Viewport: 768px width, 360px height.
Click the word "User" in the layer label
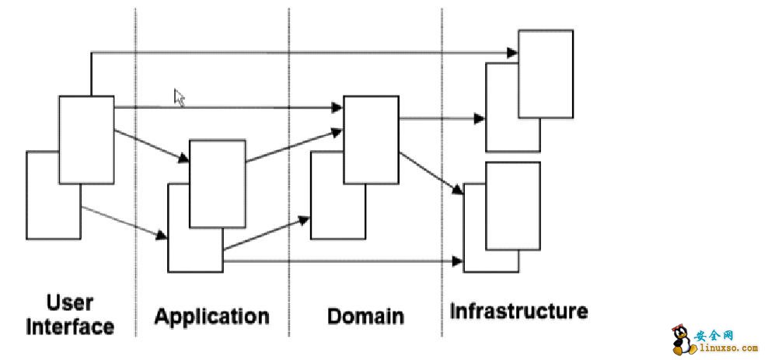pos(70,302)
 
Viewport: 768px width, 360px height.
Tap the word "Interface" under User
pos(70,327)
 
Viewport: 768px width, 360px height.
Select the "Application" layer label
pos(211,316)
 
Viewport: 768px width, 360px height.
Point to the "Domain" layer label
pos(365,316)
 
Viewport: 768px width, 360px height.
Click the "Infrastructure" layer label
pos(518,312)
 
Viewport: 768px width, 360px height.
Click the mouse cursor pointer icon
pos(179,97)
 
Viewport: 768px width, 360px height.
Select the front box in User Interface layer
pos(86,140)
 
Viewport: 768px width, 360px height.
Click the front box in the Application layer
pos(218,183)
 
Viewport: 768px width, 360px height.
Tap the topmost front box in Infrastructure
pos(546,74)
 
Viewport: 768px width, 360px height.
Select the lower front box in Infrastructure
pos(512,206)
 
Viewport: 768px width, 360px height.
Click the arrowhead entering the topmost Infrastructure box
pos(512,52)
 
